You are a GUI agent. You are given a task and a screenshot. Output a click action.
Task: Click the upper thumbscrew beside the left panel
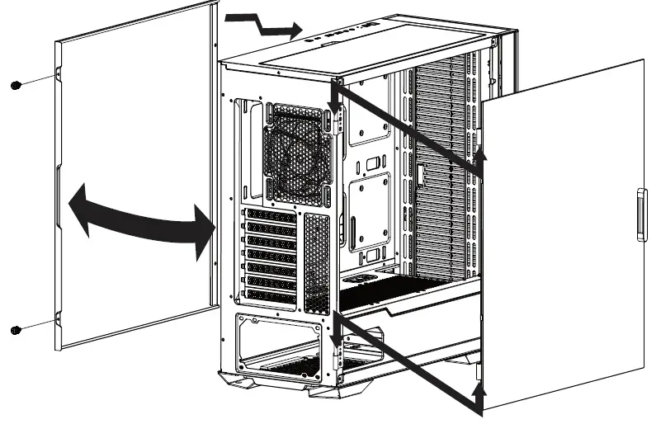click(x=15, y=86)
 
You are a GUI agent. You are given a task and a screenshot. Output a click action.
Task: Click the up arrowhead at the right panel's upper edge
click(x=482, y=158)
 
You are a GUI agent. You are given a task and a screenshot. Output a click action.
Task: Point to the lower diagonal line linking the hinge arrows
click(x=408, y=363)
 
